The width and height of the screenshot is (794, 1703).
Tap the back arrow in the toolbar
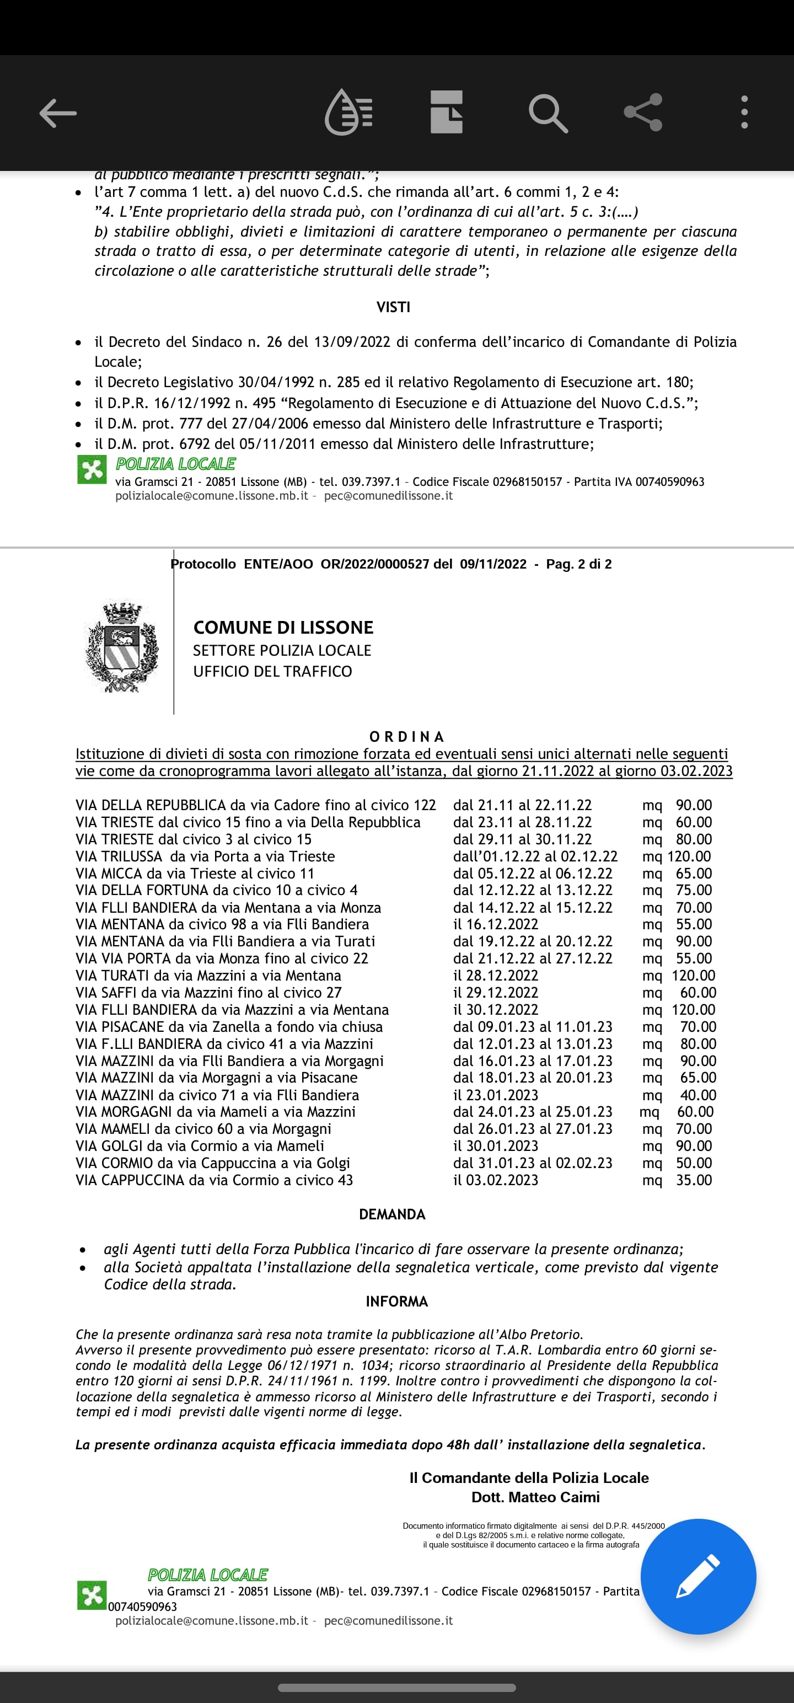[x=58, y=113]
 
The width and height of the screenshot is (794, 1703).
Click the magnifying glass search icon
[x=548, y=113]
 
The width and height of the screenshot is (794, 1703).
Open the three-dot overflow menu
[x=744, y=113]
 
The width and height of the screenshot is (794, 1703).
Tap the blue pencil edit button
[x=698, y=1576]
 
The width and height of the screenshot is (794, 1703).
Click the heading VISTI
[x=393, y=307]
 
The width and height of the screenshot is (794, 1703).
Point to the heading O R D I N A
[x=406, y=736]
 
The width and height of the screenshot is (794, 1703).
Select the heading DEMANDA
[x=392, y=1214]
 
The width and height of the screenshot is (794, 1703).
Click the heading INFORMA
[x=396, y=1301]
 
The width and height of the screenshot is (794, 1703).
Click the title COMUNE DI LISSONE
[x=283, y=628]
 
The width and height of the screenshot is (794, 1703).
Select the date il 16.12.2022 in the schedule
[x=496, y=924]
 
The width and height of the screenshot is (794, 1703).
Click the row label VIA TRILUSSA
[x=119, y=856]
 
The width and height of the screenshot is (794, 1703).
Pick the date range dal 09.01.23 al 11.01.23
[x=533, y=1027]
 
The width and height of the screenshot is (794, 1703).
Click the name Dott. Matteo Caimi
[x=535, y=1497]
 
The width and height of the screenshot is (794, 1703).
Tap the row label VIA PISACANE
[x=120, y=1027]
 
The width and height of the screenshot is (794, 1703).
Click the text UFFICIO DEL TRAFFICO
[x=272, y=671]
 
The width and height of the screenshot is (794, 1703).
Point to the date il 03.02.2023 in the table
[x=496, y=1180]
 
